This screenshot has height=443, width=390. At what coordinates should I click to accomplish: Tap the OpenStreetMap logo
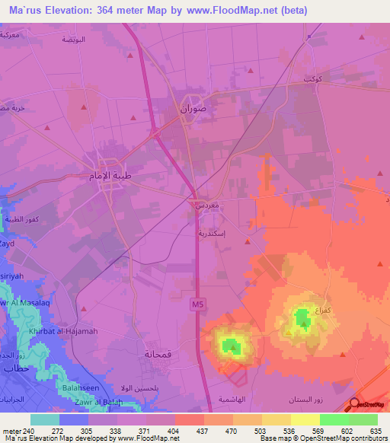click(367, 406)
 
